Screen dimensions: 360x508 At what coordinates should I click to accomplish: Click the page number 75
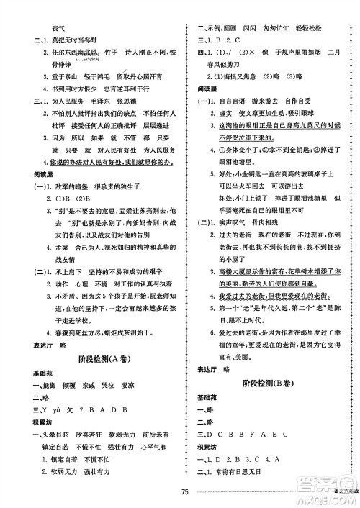click(x=184, y=491)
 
